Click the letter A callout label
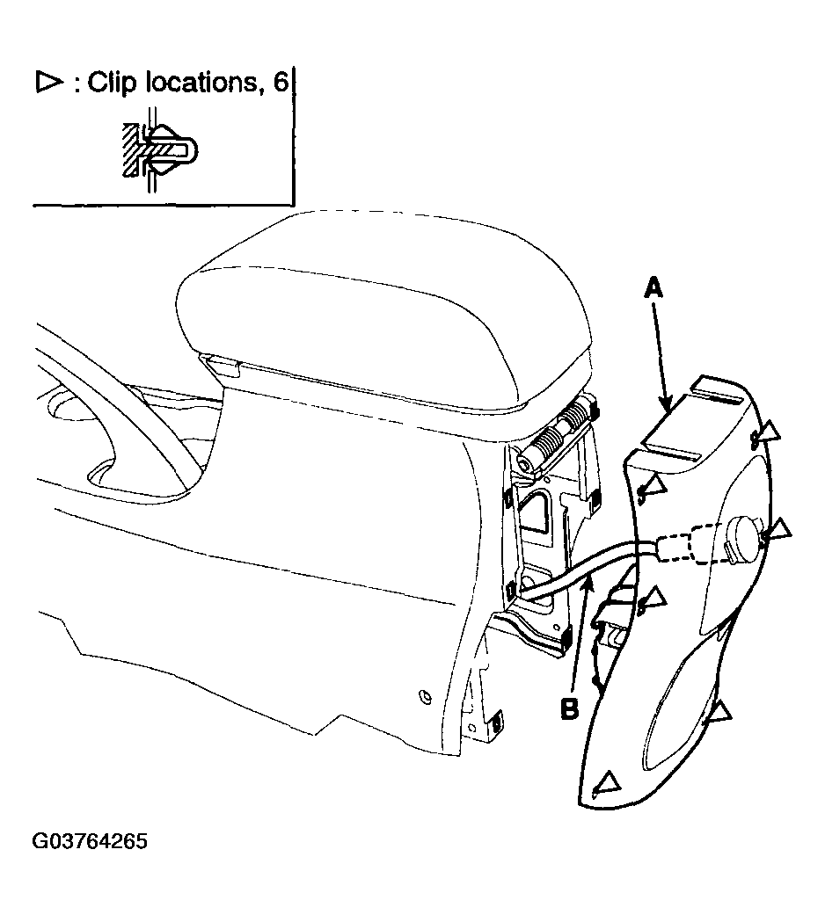tap(653, 288)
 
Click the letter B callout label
tap(569, 708)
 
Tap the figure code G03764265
tap(90, 841)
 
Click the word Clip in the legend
tap(113, 83)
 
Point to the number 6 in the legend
tap(281, 83)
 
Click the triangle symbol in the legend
tap(49, 83)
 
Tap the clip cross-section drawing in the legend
tap(159, 149)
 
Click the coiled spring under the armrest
tap(555, 432)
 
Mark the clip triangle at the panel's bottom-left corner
tap(607, 781)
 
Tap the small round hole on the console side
tap(426, 697)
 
